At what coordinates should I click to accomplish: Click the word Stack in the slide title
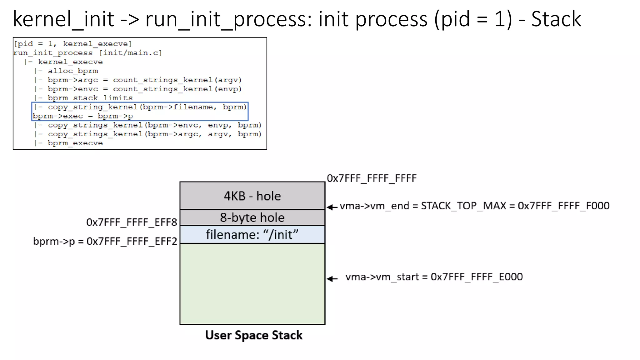[556, 19]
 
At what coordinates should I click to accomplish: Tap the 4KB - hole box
[252, 196]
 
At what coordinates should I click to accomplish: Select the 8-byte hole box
[252, 217]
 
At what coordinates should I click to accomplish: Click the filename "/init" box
[252, 234]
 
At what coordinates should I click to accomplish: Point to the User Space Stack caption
[254, 335]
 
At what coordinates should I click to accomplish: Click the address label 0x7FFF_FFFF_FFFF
[372, 178]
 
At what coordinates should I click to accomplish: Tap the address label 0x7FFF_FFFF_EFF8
[132, 222]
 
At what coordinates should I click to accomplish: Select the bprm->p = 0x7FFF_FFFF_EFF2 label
[105, 241]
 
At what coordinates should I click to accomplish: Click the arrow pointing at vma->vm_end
[332, 207]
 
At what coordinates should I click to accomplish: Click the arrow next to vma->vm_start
[332, 278]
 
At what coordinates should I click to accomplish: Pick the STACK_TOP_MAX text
[463, 206]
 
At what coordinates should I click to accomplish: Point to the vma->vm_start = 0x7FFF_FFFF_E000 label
[434, 277]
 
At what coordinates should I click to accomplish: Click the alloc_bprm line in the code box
[72, 71]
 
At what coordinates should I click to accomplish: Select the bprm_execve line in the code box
[75, 143]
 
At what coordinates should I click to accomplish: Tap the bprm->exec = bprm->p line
[83, 116]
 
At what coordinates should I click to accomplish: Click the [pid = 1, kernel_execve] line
[73, 44]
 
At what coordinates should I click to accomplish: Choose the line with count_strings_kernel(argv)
[144, 80]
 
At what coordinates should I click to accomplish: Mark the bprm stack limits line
[90, 98]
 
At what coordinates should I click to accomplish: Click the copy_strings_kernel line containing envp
[154, 125]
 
